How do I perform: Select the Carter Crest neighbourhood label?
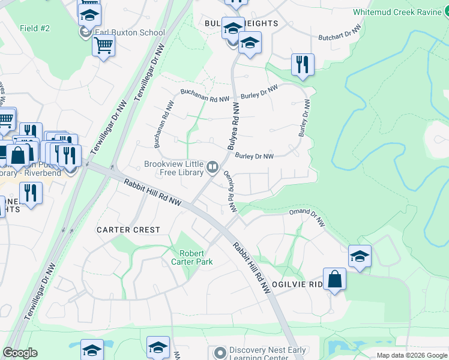click(128, 230)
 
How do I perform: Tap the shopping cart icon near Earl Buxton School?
click(104, 44)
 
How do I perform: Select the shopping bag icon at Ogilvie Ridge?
click(334, 279)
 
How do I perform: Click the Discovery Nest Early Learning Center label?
click(267, 354)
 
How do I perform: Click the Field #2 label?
click(35, 28)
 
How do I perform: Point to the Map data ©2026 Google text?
click(411, 355)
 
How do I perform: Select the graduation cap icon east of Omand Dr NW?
click(360, 256)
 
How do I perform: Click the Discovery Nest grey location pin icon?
click(220, 352)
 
